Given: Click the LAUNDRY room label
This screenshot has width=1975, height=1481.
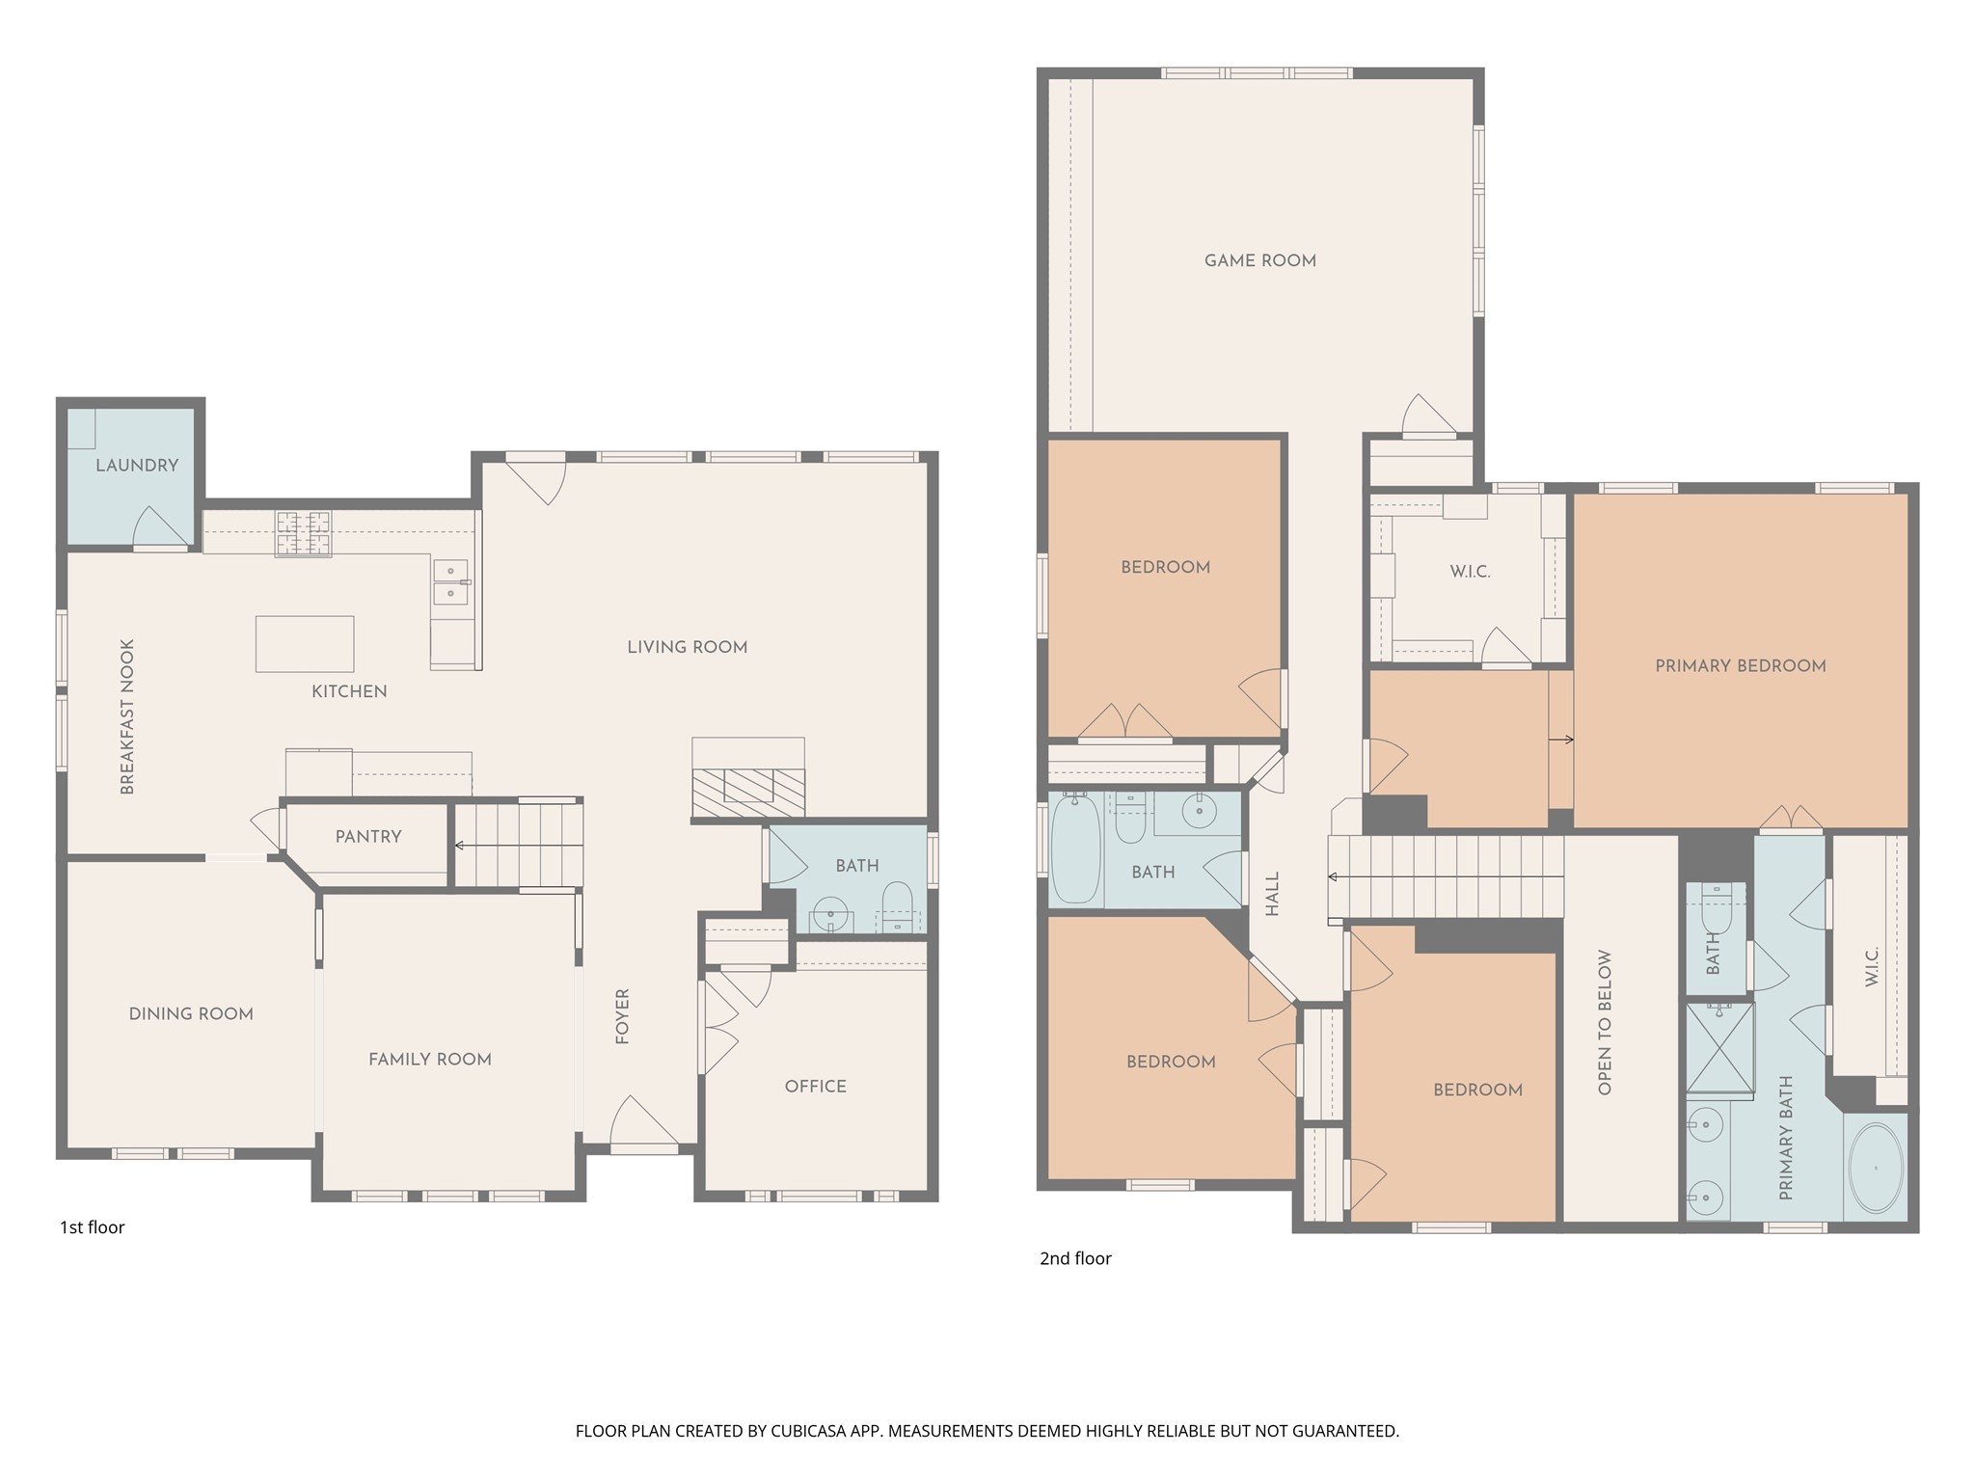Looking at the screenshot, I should pyautogui.click(x=137, y=465).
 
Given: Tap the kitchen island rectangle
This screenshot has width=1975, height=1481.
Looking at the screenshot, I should pyautogui.click(x=304, y=643).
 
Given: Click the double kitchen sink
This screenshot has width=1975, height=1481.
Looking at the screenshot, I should pyautogui.click(x=450, y=582).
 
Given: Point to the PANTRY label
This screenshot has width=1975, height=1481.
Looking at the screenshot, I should pyautogui.click(x=368, y=837).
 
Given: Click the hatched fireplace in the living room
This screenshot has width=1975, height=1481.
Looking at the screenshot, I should pyautogui.click(x=749, y=787).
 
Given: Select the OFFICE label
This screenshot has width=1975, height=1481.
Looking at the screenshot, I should pyautogui.click(x=816, y=1087).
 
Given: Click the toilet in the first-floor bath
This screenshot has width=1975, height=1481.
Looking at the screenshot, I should pyautogui.click(x=897, y=905).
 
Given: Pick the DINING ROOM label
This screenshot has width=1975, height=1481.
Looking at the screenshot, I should pyautogui.click(x=191, y=1013).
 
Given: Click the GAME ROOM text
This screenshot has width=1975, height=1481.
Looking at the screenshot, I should pyautogui.click(x=1259, y=260).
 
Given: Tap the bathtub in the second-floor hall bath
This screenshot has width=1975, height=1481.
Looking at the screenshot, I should pyautogui.click(x=1074, y=848).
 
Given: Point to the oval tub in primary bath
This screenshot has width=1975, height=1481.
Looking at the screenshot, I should pyautogui.click(x=1876, y=1168).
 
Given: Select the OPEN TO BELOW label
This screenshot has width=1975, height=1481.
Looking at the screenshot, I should pyautogui.click(x=1606, y=1023).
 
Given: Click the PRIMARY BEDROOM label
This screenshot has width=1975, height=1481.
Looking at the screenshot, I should pyautogui.click(x=1740, y=665).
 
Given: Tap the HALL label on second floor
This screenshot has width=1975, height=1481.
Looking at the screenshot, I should pyautogui.click(x=1272, y=894).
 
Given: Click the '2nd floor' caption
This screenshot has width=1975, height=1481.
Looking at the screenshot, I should pyautogui.click(x=1075, y=1258).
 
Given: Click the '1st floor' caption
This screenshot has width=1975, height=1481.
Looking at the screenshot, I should pyautogui.click(x=93, y=1227).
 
